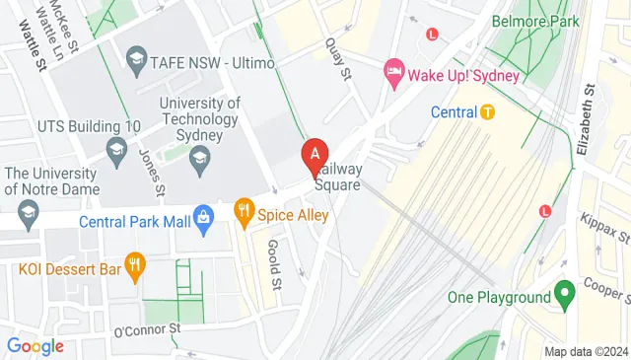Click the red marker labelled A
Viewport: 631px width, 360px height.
(315, 155)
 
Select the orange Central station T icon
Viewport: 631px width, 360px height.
(487, 111)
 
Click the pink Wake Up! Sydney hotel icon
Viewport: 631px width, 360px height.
(394, 69)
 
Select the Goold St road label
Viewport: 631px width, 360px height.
(275, 263)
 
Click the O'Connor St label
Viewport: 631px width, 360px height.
(148, 327)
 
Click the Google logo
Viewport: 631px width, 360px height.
(35, 346)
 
